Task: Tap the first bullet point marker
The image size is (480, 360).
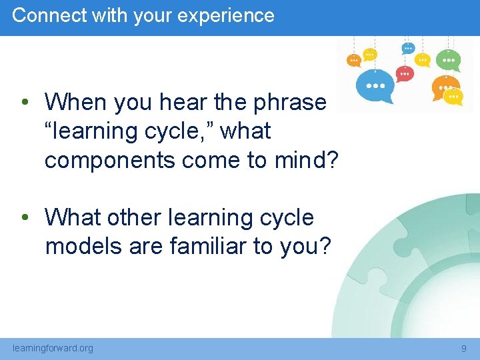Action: pyautogui.click(x=24, y=103)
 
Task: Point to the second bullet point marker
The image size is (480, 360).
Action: pyautogui.click(x=24, y=218)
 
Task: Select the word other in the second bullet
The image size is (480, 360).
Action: pyautogui.click(x=135, y=217)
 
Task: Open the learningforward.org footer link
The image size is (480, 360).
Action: pyautogui.click(x=53, y=348)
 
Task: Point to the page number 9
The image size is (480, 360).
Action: pyautogui.click(x=464, y=348)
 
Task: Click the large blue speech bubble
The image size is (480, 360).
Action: pyautogui.click(x=375, y=85)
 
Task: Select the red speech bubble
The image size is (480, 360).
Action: pyautogui.click(x=405, y=73)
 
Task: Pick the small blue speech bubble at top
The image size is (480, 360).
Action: pyautogui.click(x=408, y=48)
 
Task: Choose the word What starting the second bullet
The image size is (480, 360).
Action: pyautogui.click(x=72, y=217)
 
